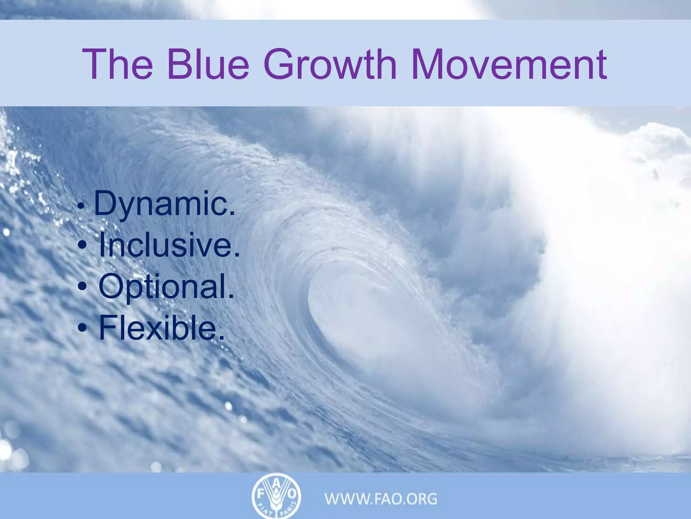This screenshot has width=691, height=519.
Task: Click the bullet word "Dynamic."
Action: (164, 204)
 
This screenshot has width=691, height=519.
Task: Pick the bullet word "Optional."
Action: (166, 287)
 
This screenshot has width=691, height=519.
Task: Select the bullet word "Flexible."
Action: (162, 328)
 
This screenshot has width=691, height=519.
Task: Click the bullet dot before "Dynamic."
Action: (80, 205)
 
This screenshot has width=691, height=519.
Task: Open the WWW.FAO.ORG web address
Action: (381, 499)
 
